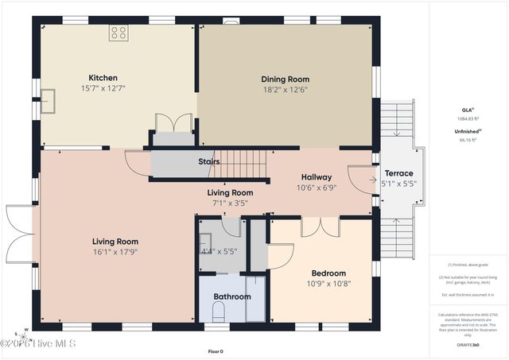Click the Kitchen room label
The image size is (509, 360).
pos(103,78)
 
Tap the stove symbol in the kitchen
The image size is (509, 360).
pos(119,33)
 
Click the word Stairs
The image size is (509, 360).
pos(209,161)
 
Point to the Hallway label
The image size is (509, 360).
pos(317,176)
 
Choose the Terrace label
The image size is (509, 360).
pos(398,173)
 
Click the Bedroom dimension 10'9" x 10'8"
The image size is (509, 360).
pos(328,284)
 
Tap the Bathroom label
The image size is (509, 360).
pos(231,296)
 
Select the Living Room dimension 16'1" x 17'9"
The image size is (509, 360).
pos(115,253)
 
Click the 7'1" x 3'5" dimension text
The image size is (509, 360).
pos(230,203)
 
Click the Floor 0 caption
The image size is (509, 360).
pos(216,350)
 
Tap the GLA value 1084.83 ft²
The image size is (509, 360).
pos(467,118)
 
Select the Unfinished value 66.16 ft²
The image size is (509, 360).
pos(467,139)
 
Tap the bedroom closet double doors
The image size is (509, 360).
pos(321,227)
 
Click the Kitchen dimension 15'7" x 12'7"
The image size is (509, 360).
pos(103,88)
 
